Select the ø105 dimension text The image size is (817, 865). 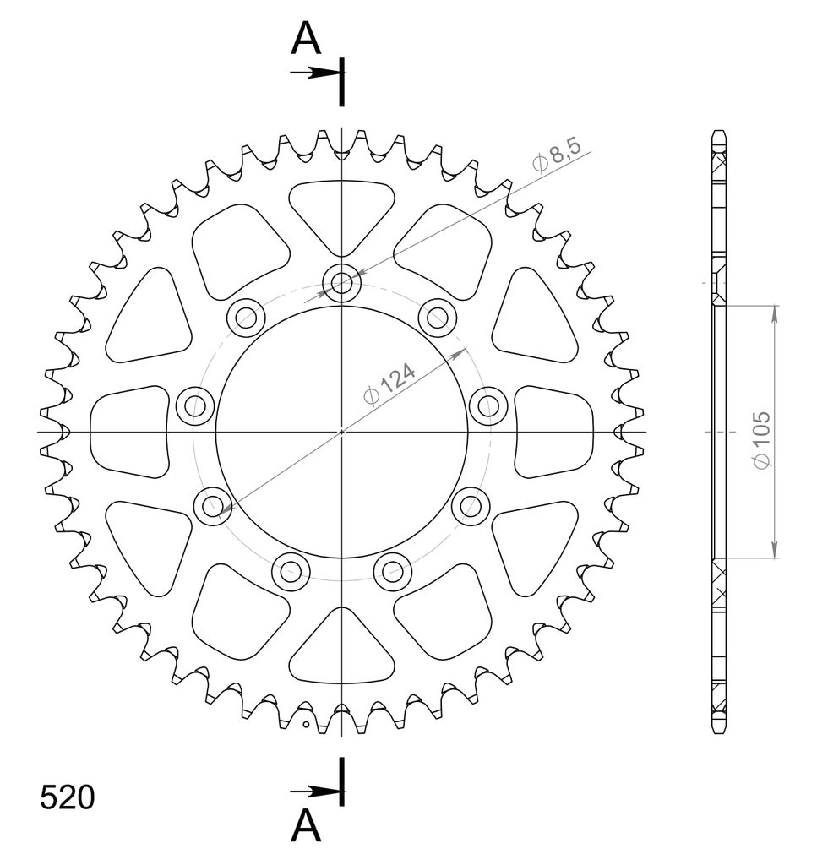tap(762, 439)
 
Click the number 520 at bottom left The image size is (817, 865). tap(68, 797)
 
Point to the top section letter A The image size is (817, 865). tap(306, 39)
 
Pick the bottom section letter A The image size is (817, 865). tap(306, 825)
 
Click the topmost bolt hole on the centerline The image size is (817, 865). tap(341, 284)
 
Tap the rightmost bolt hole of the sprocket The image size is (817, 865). tap(488, 406)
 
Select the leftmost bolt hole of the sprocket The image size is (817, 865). tap(194, 406)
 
